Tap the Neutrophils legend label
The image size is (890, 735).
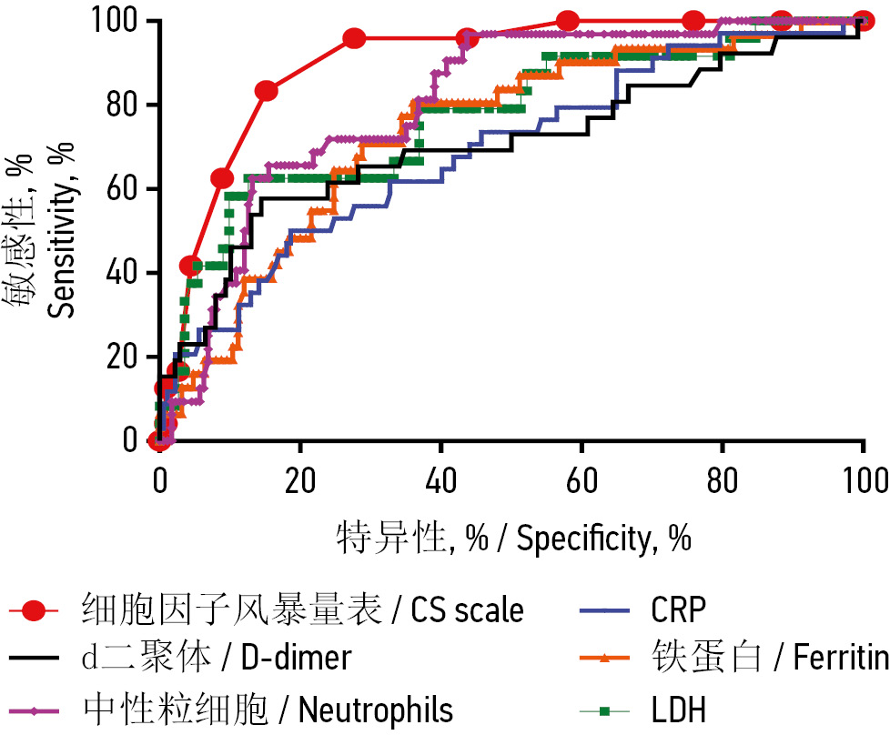[268, 707]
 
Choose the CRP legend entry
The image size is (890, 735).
[678, 609]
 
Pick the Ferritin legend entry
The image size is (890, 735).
[769, 658]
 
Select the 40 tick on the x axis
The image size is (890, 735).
[440, 478]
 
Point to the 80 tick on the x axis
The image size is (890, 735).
[723, 478]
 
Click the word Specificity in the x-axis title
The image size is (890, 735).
[582, 539]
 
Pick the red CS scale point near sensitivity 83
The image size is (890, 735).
[267, 91]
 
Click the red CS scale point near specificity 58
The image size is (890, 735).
[567, 20]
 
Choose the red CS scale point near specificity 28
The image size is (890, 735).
[355, 38]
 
